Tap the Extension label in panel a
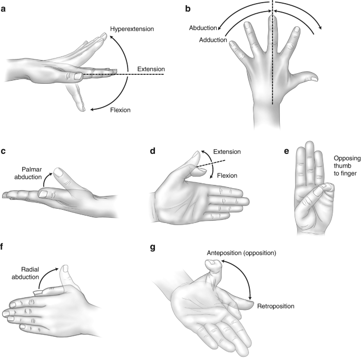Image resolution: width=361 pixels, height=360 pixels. [x=150, y=69]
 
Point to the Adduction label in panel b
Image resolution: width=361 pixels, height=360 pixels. [x=212, y=40]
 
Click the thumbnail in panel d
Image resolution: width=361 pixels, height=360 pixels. [x=194, y=155]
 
